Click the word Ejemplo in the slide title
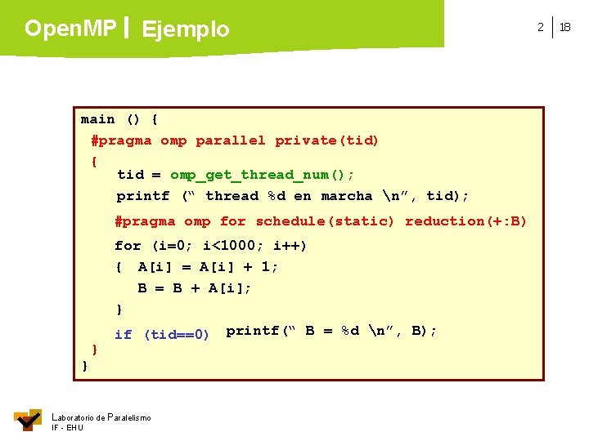(186, 30)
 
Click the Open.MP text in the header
(70, 29)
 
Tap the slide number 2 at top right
(540, 27)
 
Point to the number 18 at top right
(566, 27)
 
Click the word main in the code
(97, 119)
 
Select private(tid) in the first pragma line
(327, 140)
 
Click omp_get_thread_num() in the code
(262, 175)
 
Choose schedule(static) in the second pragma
(325, 221)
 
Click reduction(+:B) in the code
(466, 221)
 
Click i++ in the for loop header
(290, 245)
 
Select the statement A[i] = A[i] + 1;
(208, 267)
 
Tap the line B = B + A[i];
(195, 288)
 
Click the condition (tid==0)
(177, 334)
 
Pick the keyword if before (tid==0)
(123, 334)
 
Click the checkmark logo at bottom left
(29, 420)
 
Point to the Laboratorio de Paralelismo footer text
(101, 417)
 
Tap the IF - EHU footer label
(67, 428)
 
